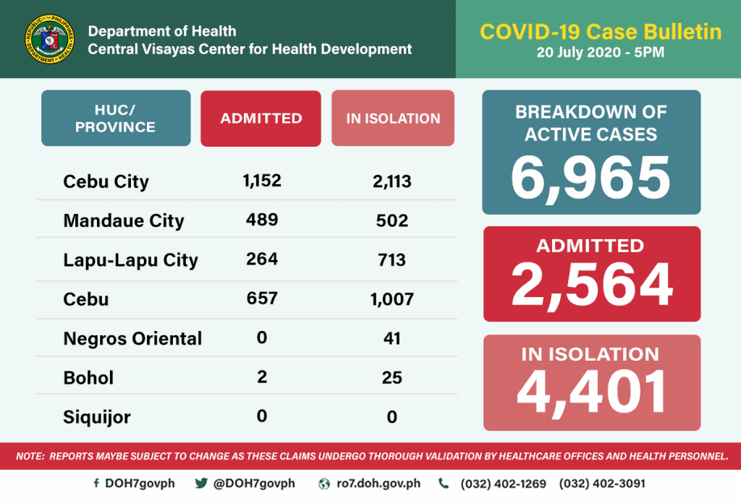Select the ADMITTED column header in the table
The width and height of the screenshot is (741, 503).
pyautogui.click(x=261, y=119)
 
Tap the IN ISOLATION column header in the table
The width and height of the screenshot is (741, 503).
pyautogui.click(x=393, y=119)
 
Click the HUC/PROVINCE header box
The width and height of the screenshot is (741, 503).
pyautogui.click(x=116, y=119)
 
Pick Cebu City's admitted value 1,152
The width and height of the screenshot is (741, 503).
pyautogui.click(x=262, y=180)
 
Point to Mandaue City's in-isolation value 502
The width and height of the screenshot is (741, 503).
pyautogui.click(x=391, y=220)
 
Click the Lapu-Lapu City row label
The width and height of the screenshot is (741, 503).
pyautogui.click(x=130, y=259)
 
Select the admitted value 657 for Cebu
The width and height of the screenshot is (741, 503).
pyautogui.click(x=262, y=298)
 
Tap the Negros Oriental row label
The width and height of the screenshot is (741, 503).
pyautogui.click(x=132, y=338)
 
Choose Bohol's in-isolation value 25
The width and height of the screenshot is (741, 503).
pyautogui.click(x=391, y=377)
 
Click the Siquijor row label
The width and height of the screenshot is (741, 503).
pyautogui.click(x=97, y=417)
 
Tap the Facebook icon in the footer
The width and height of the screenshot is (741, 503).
pyautogui.click(x=96, y=483)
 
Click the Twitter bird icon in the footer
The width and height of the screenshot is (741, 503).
pyautogui.click(x=201, y=483)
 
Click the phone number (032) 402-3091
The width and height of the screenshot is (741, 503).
pyautogui.click(x=602, y=483)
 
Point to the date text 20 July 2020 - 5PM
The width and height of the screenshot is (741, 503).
pyautogui.click(x=600, y=53)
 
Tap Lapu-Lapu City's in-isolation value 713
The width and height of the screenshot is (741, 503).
pyautogui.click(x=391, y=259)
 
